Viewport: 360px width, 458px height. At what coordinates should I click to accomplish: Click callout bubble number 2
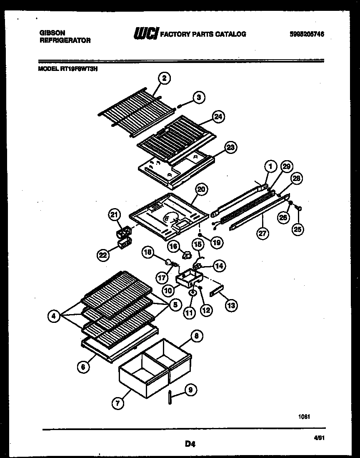click(x=164, y=78)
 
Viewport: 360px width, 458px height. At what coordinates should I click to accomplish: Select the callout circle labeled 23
click(x=230, y=147)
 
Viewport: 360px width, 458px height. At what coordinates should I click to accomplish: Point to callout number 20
click(x=201, y=189)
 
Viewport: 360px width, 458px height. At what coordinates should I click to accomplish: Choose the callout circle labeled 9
click(x=190, y=390)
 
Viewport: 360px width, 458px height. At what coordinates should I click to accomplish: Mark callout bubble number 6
click(x=83, y=367)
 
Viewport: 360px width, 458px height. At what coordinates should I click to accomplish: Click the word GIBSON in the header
click(x=49, y=32)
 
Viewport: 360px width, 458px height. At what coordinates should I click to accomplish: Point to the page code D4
click(x=190, y=445)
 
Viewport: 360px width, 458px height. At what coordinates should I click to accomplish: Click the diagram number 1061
click(x=305, y=416)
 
